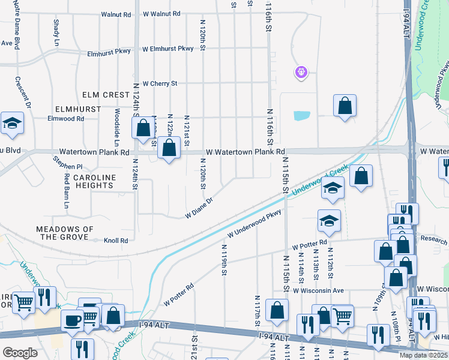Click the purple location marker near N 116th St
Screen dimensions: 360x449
tap(301, 73)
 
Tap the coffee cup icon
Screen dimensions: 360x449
tap(72, 320)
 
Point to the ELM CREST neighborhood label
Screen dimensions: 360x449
tap(107, 95)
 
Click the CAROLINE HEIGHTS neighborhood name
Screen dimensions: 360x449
tap(94, 182)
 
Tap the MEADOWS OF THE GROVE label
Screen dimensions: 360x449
tap(65, 233)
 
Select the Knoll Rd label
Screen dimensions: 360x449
tap(116, 241)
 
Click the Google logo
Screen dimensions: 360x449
tap(20, 353)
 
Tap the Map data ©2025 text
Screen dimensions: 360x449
tap(423, 355)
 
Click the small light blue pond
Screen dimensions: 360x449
tap(302, 115)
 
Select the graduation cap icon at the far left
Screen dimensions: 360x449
tap(12, 123)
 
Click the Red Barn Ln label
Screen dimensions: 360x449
tap(66, 191)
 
